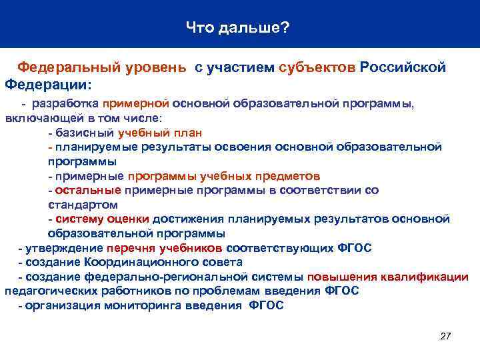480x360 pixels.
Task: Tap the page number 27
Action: point(446,335)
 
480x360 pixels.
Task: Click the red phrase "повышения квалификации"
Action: point(388,277)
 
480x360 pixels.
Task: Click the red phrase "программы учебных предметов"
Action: point(224,176)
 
